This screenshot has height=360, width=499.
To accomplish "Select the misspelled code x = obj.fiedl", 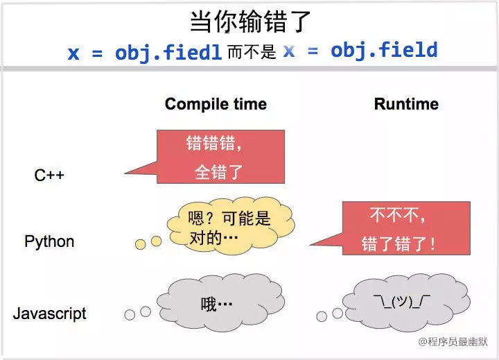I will (x=146, y=52).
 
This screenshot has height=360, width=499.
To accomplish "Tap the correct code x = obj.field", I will (x=360, y=50).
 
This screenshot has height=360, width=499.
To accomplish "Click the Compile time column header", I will (x=216, y=104).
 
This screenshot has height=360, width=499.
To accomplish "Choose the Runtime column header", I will (x=406, y=104).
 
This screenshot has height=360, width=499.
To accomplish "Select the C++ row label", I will (x=49, y=175).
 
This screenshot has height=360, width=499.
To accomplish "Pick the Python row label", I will (x=49, y=241).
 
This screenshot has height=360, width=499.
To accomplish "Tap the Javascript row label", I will (x=49, y=313).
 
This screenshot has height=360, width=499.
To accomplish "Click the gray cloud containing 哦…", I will (x=220, y=304).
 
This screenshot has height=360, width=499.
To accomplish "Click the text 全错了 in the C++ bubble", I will (x=218, y=171).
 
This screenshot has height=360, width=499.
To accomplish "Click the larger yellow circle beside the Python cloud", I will (x=156, y=241).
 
